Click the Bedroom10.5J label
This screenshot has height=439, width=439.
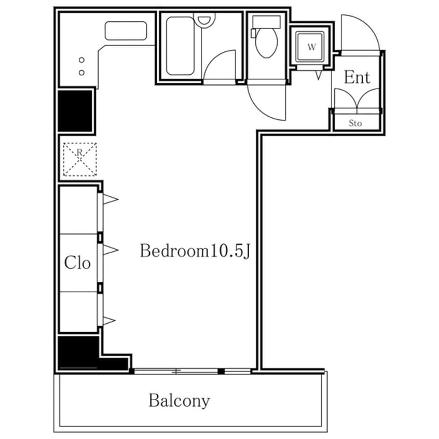tap(195, 251)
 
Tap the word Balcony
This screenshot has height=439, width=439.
tap(179, 401)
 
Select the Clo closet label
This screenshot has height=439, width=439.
tap(77, 263)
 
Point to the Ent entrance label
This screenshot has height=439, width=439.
tap(357, 77)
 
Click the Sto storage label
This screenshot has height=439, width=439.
tap(355, 123)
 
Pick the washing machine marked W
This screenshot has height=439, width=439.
tap(311, 47)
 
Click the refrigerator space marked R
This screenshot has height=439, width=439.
tap(80, 159)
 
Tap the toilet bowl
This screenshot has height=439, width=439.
tap(267, 43)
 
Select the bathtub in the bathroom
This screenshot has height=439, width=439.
tap(180, 46)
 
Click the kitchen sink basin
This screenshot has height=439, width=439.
tap(126, 31)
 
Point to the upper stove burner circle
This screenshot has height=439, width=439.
tap(81, 60)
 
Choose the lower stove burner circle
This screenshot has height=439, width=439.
tap(81, 73)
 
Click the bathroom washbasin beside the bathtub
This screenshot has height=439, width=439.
tap(204, 20)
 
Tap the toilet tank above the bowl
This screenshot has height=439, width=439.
tap(266, 22)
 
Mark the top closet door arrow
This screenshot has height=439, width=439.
tap(111, 199)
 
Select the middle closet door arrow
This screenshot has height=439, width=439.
tap(111, 250)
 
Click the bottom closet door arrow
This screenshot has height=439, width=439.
tap(109, 321)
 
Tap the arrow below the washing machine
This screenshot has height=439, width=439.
tap(319, 75)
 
